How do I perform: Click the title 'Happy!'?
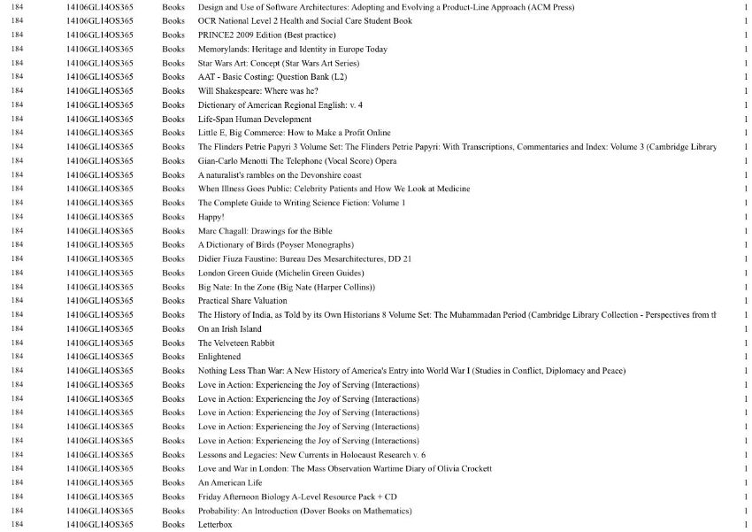211,217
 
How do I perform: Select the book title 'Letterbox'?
215,525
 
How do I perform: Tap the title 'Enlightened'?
219,357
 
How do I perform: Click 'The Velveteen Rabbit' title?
236,343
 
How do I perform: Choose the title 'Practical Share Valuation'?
242,301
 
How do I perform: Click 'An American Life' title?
230,482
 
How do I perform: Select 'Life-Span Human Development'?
255,120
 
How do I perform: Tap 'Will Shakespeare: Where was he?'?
258,91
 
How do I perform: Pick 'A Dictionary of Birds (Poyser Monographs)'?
276,245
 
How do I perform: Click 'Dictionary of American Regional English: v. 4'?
280,105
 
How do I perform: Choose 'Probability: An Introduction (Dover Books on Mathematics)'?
305,511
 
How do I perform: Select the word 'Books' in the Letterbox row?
173,525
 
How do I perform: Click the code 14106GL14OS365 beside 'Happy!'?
100,217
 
